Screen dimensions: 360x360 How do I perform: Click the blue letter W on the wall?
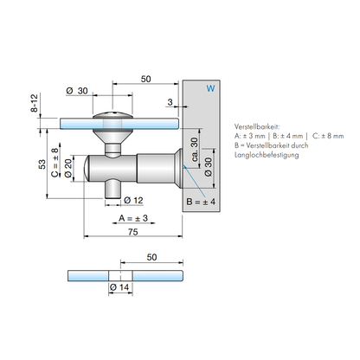210,88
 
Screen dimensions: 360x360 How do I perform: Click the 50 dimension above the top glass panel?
145,79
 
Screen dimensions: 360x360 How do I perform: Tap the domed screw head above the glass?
112,115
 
